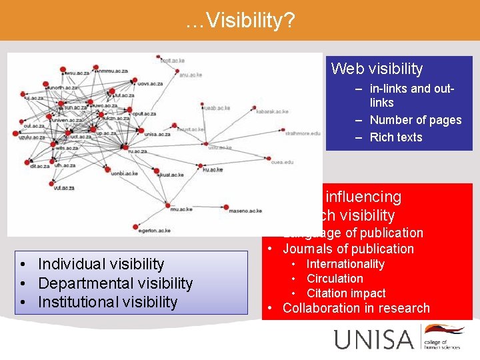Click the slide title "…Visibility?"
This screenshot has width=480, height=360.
click(x=240, y=21)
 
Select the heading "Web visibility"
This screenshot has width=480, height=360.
click(x=377, y=69)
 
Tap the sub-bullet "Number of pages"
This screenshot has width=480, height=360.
click(x=415, y=120)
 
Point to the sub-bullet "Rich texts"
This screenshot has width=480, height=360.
click(x=396, y=137)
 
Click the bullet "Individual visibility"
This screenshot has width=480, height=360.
click(x=101, y=264)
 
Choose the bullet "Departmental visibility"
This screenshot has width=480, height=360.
click(x=115, y=283)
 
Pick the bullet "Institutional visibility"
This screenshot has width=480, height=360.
click(x=108, y=302)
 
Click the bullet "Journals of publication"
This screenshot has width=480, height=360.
click(x=348, y=249)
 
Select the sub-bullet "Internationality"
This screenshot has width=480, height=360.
click(x=345, y=264)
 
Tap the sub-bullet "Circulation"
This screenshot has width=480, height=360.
click(x=335, y=279)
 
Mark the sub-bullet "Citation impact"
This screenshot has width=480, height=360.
click(x=346, y=293)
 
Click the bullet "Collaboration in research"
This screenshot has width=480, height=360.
click(x=356, y=308)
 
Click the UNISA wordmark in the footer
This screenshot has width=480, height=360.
click(x=374, y=339)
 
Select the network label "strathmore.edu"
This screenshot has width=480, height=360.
click(x=301, y=133)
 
